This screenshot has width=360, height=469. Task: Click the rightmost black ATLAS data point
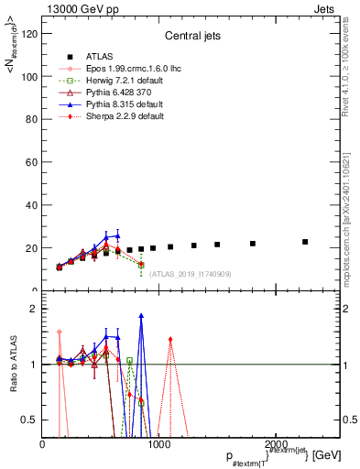tap(305, 242)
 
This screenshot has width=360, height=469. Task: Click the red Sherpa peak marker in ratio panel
tap(170, 340)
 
